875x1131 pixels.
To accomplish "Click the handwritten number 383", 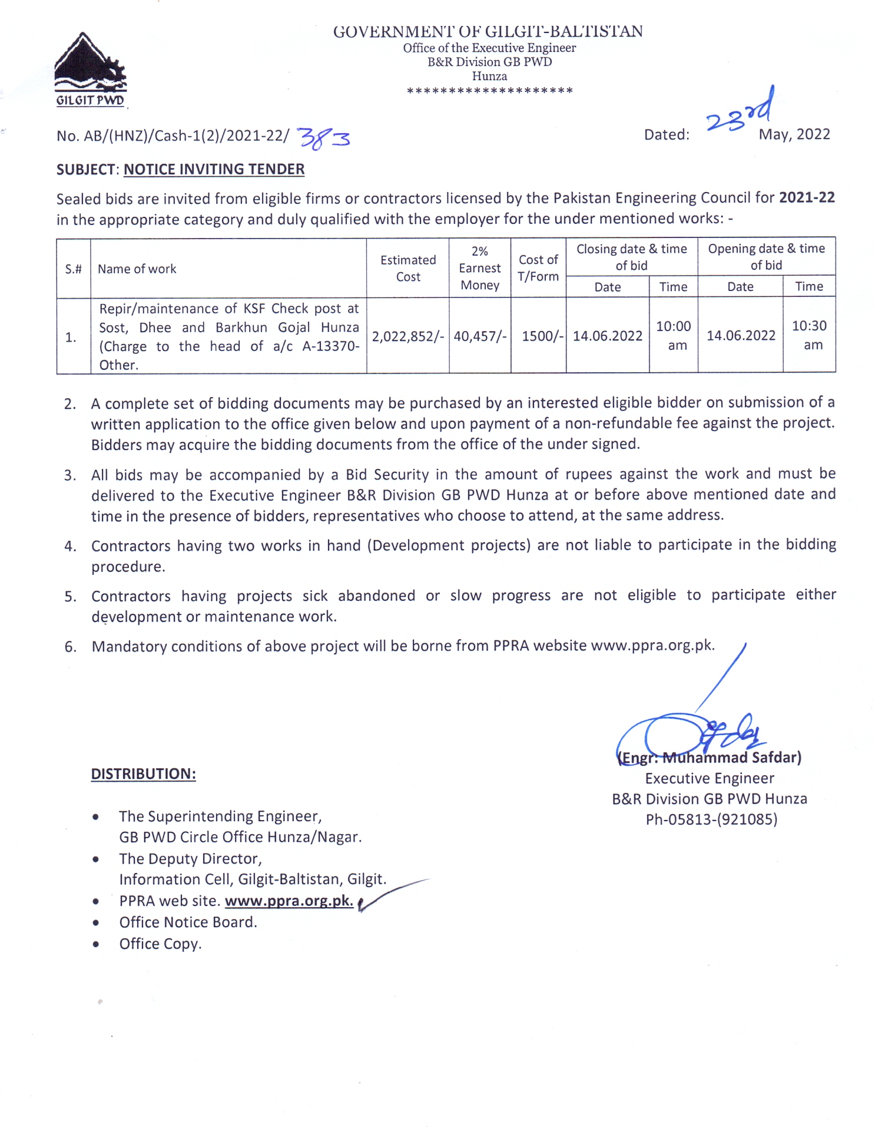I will point(324,138).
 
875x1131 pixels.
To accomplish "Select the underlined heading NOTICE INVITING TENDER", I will point(214,170).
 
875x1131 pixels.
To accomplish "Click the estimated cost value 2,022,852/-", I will point(407,336).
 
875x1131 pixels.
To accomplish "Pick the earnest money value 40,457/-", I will point(479,336).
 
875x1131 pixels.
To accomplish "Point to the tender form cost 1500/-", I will point(542,336).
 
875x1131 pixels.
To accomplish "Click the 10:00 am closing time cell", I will point(673,335).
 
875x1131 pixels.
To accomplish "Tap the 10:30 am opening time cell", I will point(809,335).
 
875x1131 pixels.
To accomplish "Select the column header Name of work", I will point(137,269).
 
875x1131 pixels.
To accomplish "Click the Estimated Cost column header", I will point(408,269).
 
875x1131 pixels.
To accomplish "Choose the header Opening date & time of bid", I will point(766,257).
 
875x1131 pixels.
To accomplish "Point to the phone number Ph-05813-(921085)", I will point(711,819).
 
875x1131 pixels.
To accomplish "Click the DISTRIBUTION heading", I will point(143,774).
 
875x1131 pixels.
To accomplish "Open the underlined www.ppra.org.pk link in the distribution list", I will point(289,901).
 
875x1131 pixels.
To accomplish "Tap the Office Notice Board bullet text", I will point(188,922).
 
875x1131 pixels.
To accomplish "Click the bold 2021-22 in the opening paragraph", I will point(806,197).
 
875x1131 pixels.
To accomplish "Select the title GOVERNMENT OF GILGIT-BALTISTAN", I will point(488,32).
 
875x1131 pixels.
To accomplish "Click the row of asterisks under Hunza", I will point(489,91).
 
